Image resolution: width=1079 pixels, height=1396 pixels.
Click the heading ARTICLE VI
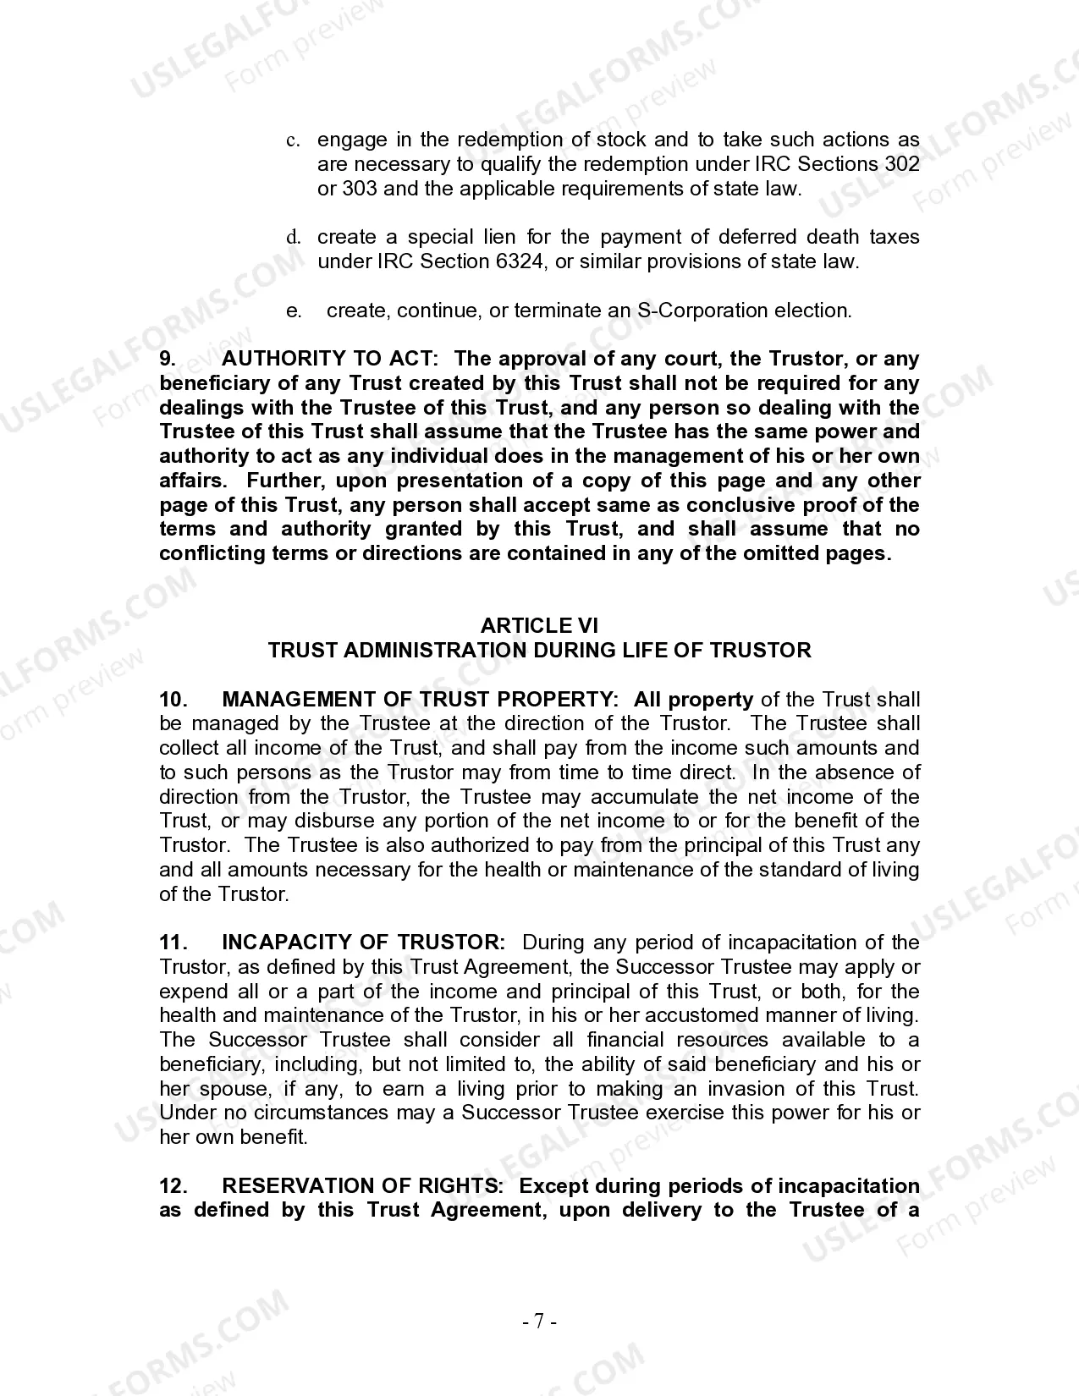coord(539,625)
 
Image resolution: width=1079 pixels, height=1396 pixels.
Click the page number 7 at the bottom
coord(539,1321)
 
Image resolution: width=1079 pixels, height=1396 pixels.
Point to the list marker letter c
coord(291,140)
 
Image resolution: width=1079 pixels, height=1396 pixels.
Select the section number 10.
coord(173,700)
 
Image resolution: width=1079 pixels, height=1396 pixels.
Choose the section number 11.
coord(173,943)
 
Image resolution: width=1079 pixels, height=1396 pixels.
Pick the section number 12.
coord(173,1186)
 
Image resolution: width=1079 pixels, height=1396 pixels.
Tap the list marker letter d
coord(293,238)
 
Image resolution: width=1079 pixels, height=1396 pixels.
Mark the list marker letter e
coord(293,311)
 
